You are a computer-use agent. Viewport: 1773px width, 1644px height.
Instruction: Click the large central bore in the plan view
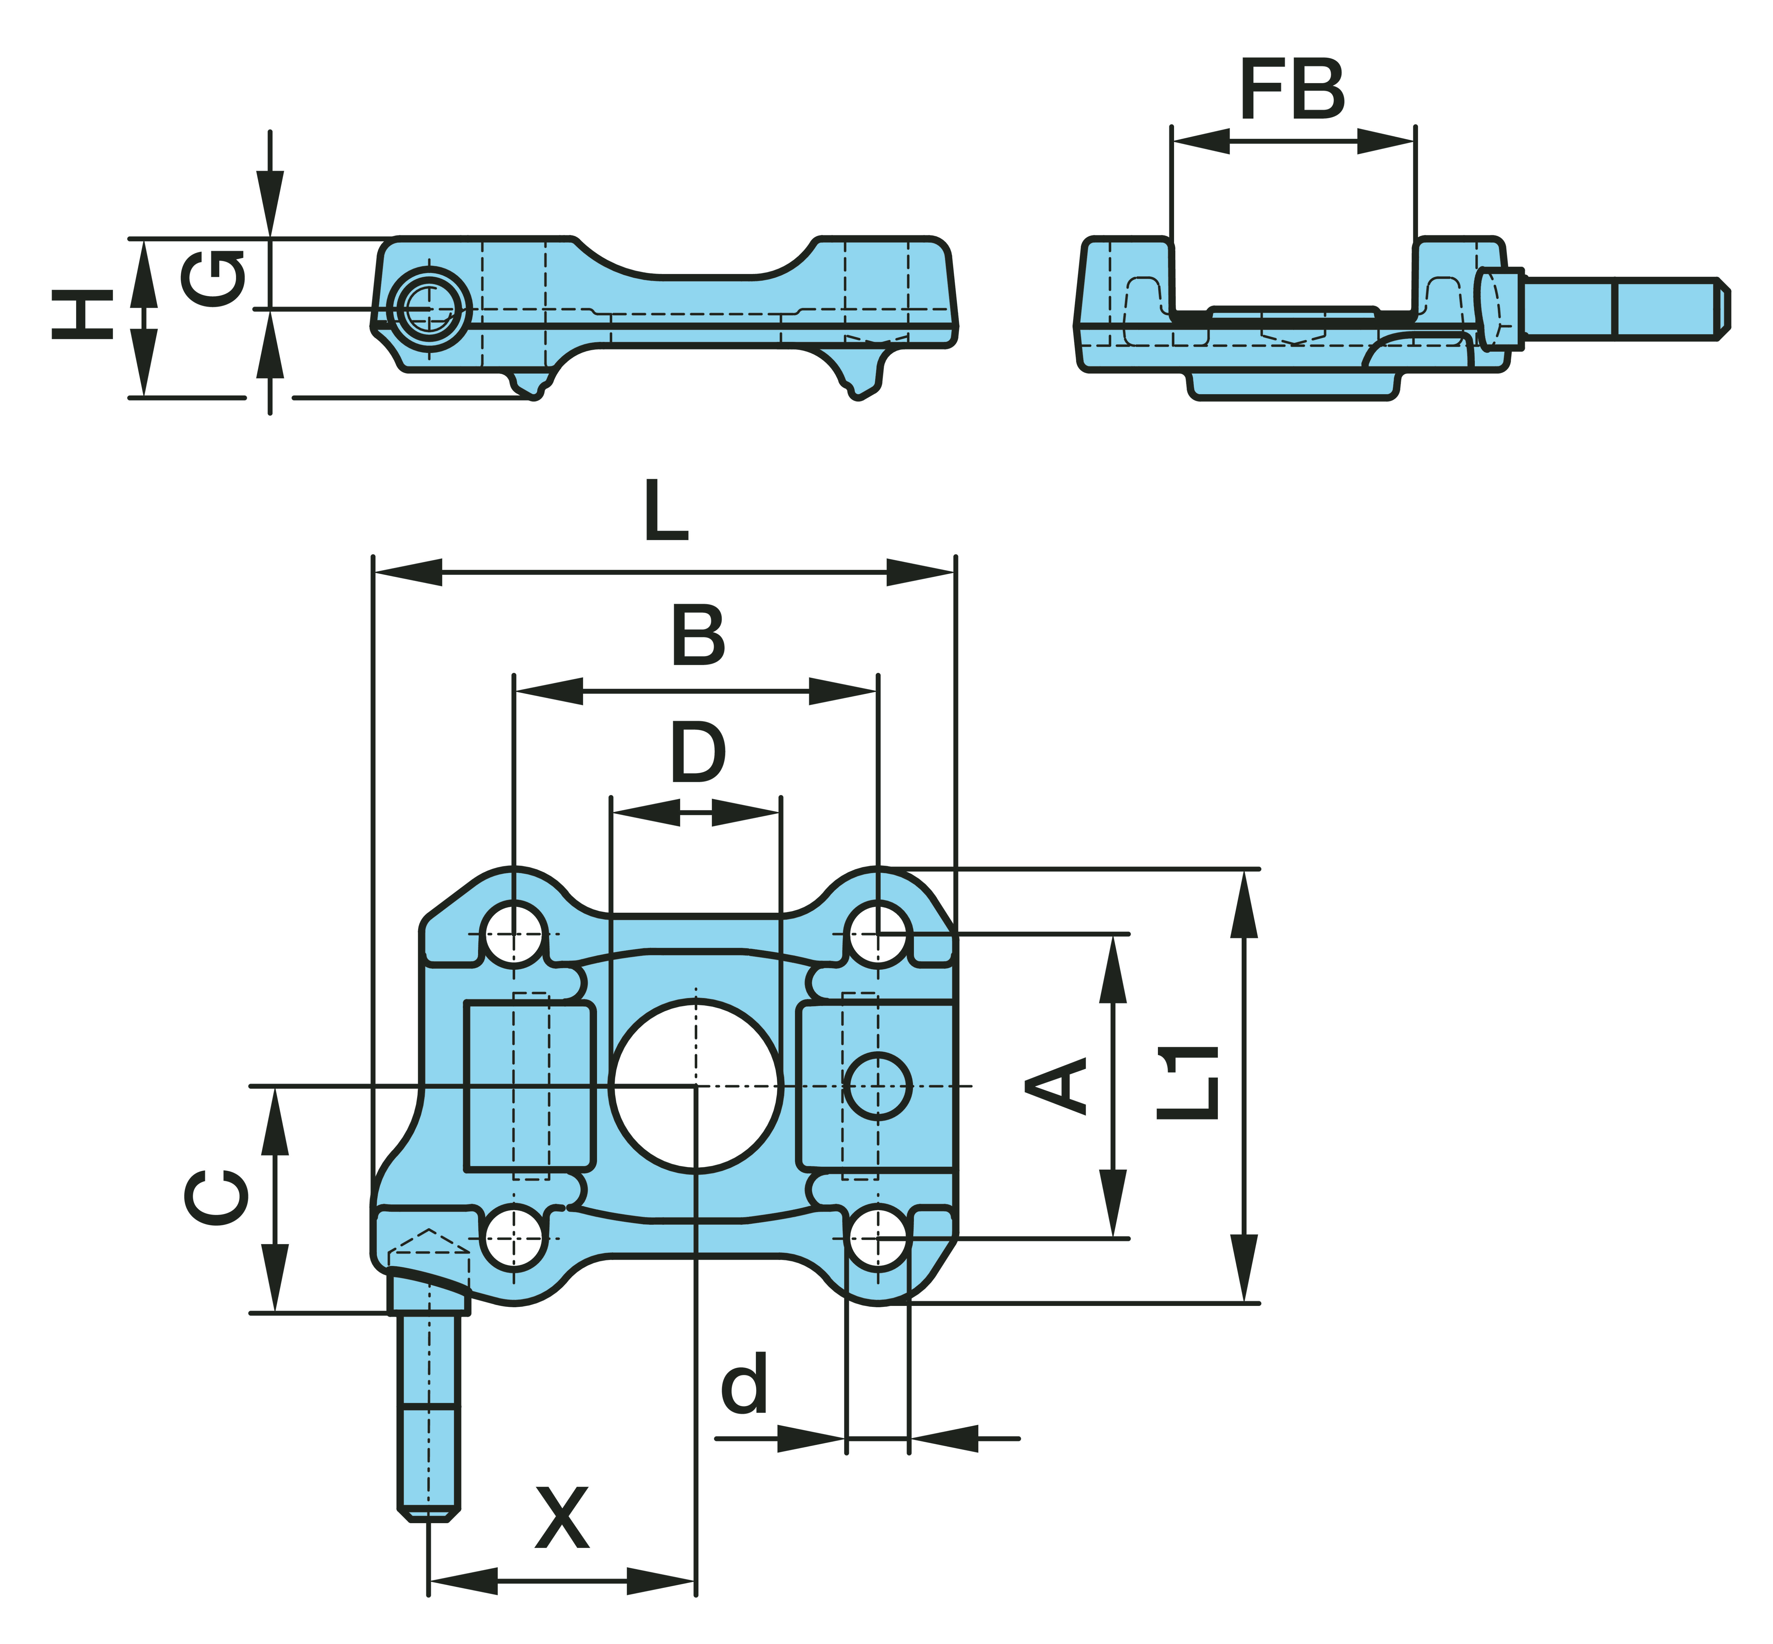pyautogui.click(x=697, y=1085)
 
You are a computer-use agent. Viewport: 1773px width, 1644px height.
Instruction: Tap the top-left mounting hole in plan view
pyautogui.click(x=513, y=934)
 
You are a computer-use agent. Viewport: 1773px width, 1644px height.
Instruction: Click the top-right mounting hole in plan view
pyautogui.click(x=878, y=934)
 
